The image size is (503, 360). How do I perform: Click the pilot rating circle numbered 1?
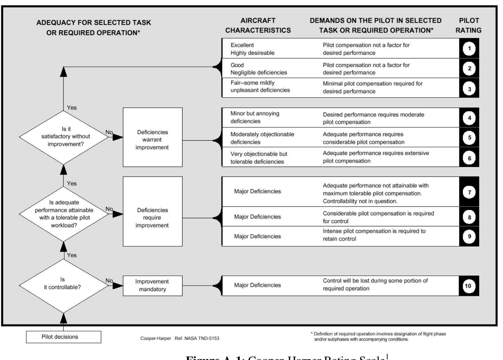coord(469,49)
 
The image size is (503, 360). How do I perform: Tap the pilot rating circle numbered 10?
coord(468,286)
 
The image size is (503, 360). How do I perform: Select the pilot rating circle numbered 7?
coord(469,192)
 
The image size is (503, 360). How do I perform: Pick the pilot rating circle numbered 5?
coord(469,137)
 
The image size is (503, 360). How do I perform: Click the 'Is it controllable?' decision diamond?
coord(63,286)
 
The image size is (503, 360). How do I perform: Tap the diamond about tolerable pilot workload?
coord(64,214)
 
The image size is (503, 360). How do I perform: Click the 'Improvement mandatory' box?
coord(152,286)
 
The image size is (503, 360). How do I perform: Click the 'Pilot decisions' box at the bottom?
coord(63,337)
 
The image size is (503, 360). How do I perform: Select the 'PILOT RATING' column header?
coord(469,25)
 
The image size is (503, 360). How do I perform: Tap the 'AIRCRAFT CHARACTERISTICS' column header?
coord(258,25)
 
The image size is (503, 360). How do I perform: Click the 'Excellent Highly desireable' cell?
coord(252,49)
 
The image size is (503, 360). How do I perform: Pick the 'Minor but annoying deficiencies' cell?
coord(255,117)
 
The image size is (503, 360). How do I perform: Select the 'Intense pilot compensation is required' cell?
coord(374,235)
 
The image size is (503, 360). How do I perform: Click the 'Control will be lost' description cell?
coord(375,284)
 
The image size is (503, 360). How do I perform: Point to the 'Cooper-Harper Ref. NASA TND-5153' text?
coord(180,338)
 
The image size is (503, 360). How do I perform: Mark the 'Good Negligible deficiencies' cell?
coord(258,69)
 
